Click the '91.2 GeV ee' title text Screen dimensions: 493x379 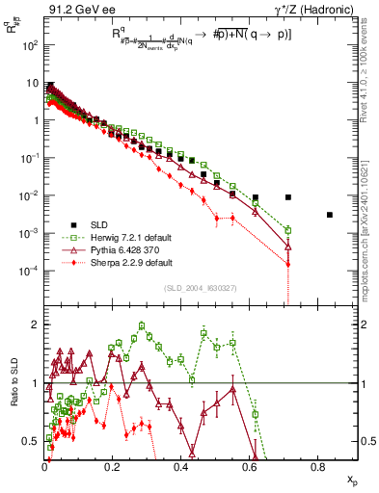[x=76, y=10]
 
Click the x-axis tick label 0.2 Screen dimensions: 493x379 [x=113, y=466]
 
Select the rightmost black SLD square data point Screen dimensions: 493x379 [x=329, y=215]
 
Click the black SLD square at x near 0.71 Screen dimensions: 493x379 [x=288, y=197]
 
